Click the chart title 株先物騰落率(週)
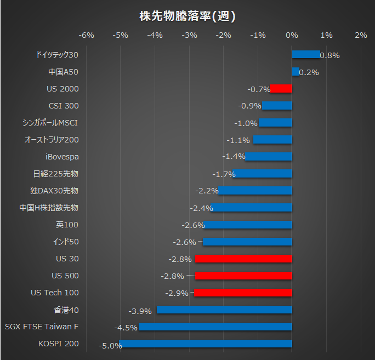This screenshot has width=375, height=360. pyautogui.click(x=187, y=16)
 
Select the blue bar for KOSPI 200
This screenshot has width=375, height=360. pyautogui.click(x=206, y=344)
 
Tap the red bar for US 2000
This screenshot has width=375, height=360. pyautogui.click(x=281, y=89)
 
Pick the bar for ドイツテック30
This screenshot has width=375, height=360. pyautogui.click(x=305, y=54)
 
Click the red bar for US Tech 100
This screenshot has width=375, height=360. pyautogui.click(x=243, y=293)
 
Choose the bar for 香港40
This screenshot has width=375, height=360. pyautogui.click(x=224, y=310)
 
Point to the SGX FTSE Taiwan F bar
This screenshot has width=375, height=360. pyautogui.click(x=215, y=327)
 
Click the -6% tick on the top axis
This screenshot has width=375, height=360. pyautogui.click(x=87, y=35)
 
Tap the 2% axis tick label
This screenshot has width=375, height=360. pyautogui.click(x=361, y=35)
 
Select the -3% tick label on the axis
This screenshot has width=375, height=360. pyautogui.click(x=189, y=35)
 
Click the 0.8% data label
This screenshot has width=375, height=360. pyautogui.click(x=329, y=55)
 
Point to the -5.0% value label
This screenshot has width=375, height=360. pyautogui.click(x=110, y=346)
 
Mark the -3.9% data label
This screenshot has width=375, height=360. pyautogui.click(x=140, y=311)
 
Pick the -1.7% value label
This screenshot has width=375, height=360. pyautogui.click(x=224, y=174)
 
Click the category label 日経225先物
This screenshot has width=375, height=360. pyautogui.click(x=56, y=174)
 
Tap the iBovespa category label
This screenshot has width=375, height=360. pyautogui.click(x=62, y=157)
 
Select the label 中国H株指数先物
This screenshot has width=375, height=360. pyautogui.click(x=49, y=208)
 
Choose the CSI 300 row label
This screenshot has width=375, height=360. pyautogui.click(x=64, y=106)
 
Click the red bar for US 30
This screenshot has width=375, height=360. pyautogui.click(x=243, y=259)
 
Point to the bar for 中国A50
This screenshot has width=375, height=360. pyautogui.click(x=296, y=71)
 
